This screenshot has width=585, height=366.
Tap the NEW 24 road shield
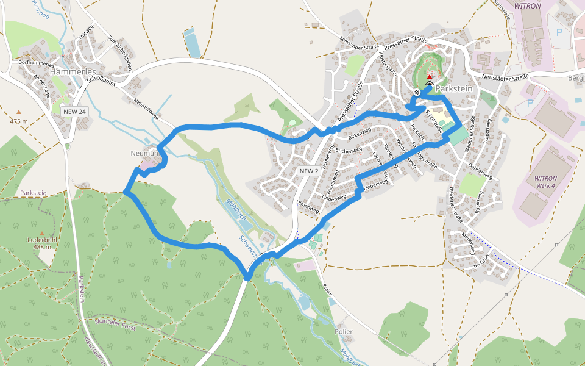tap(75, 112)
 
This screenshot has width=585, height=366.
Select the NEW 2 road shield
tap(309, 171)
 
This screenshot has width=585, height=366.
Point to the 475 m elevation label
tap(19, 121)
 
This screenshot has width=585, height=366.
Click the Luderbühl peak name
tap(41, 240)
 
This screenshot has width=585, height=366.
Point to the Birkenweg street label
tap(360, 132)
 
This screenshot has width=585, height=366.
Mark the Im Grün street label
tap(481, 266)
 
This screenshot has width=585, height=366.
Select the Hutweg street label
tap(87, 31)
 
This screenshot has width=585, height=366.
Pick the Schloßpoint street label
tap(101, 79)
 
